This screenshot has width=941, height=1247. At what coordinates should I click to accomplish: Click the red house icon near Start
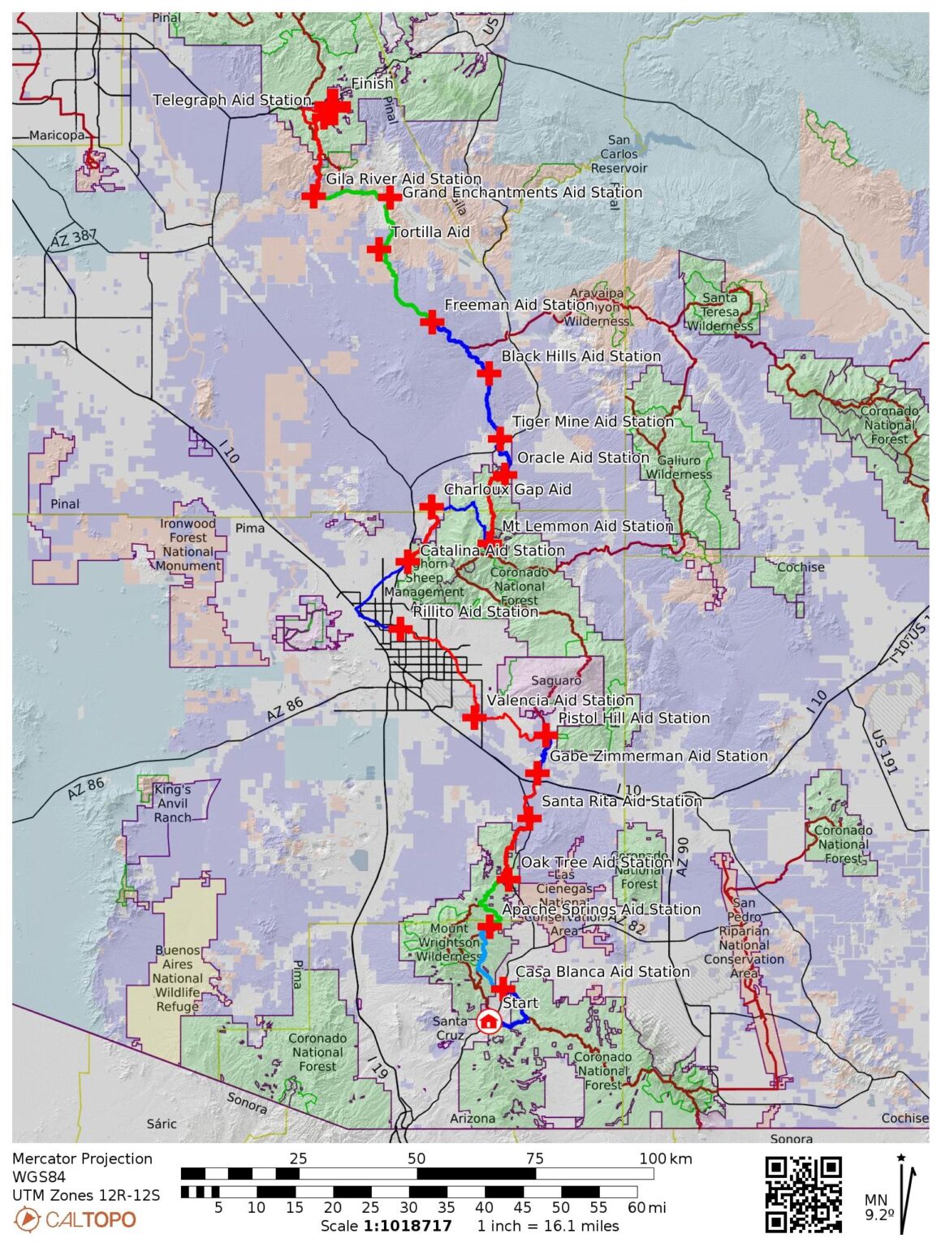(x=488, y=1020)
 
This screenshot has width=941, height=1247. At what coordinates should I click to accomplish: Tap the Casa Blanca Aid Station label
(x=602, y=972)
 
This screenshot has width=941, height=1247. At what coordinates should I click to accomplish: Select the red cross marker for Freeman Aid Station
(x=431, y=322)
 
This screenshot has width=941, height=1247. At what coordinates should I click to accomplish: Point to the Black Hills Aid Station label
(x=581, y=356)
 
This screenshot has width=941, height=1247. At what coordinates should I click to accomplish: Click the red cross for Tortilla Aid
(x=378, y=249)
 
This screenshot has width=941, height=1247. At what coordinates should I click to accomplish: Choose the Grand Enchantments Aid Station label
(x=522, y=192)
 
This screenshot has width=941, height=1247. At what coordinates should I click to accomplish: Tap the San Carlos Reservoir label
(x=619, y=153)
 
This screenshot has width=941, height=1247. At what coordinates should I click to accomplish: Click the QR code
(x=803, y=1194)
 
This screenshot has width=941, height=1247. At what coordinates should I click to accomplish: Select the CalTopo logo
(x=76, y=1219)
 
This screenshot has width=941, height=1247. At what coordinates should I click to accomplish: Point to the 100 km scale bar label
(x=665, y=1159)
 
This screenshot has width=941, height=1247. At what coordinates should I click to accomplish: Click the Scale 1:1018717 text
(x=386, y=1226)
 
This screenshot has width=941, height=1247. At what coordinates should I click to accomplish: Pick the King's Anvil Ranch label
(x=172, y=803)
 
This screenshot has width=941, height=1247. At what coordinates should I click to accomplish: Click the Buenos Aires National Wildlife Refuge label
(x=177, y=978)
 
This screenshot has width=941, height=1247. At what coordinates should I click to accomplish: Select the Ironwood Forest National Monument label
(x=188, y=545)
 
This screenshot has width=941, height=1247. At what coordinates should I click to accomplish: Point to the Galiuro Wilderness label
(x=678, y=467)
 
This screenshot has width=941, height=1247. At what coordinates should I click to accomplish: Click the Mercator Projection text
(x=82, y=1159)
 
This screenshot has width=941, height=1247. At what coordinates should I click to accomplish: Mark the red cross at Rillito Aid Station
(x=399, y=628)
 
